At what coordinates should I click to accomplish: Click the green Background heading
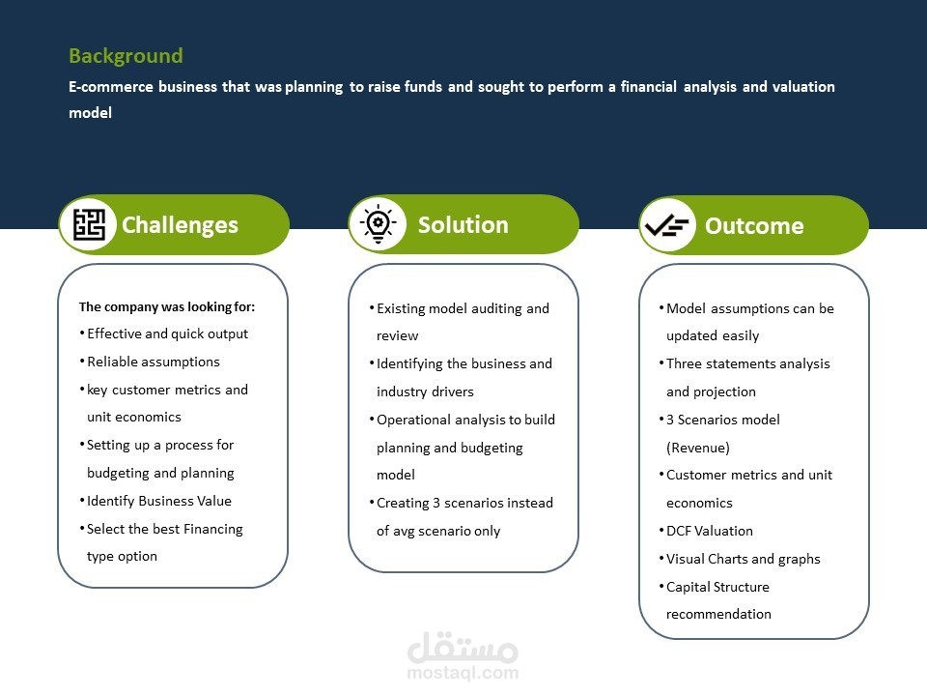click(126, 56)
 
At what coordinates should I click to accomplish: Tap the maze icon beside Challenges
click(89, 225)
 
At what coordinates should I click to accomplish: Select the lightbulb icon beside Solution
click(379, 224)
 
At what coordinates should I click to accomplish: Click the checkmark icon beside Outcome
click(667, 225)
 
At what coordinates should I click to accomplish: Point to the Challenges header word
click(180, 225)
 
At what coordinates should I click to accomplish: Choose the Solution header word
click(463, 225)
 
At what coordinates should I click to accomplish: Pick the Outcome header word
click(754, 225)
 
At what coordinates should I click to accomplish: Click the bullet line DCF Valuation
click(710, 531)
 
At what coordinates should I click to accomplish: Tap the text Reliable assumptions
click(154, 362)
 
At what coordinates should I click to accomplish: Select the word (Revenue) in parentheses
click(697, 448)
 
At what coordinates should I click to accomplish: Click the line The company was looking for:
click(167, 306)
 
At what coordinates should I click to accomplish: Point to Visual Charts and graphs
click(744, 559)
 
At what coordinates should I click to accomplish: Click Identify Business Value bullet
click(159, 501)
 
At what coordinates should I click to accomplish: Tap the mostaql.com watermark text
click(463, 673)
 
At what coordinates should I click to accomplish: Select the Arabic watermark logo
click(463, 648)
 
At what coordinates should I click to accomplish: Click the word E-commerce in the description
click(110, 87)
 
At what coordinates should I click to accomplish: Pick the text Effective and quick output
click(167, 333)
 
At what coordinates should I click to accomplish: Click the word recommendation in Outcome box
click(718, 614)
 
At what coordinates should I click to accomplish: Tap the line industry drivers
click(425, 391)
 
